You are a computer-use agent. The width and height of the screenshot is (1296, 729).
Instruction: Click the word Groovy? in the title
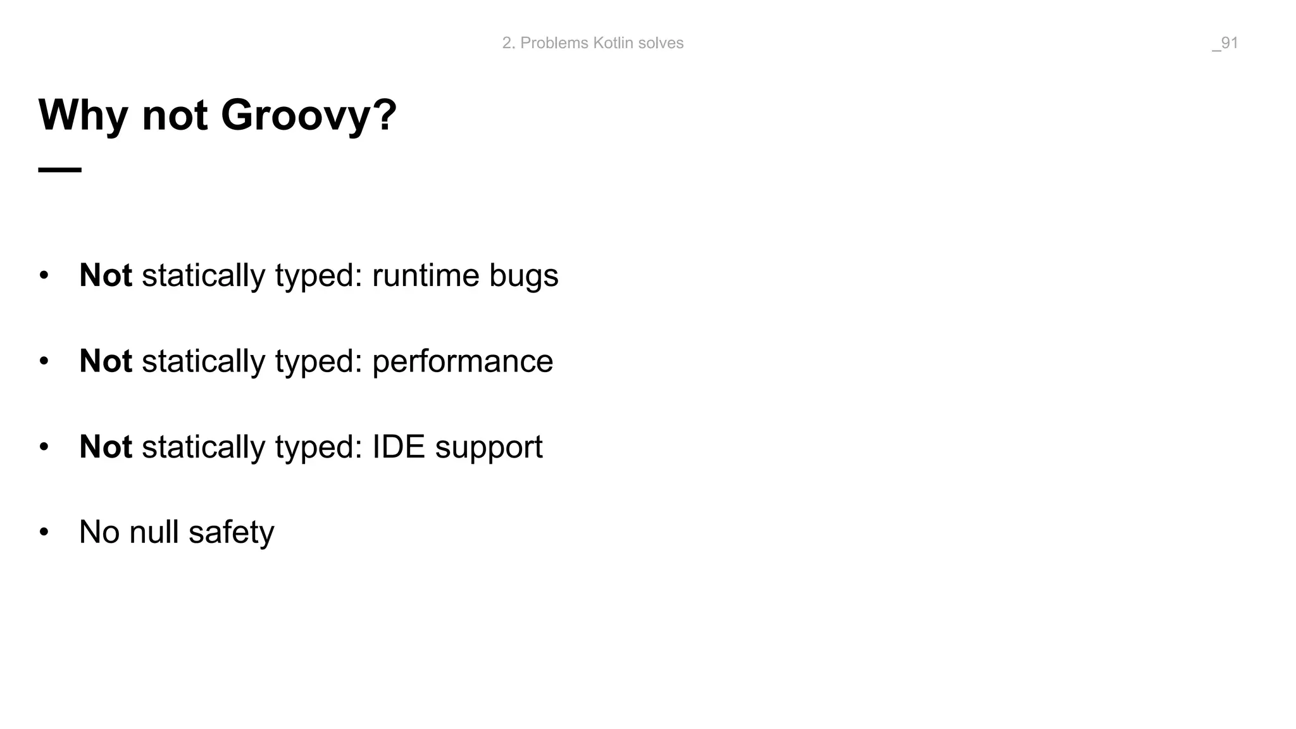tap(308, 116)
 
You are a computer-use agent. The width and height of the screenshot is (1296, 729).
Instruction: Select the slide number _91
tap(1224, 43)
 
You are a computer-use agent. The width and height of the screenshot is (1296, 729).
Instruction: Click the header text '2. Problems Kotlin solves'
tap(592, 43)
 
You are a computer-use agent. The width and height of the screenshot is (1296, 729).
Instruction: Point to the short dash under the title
tap(60, 170)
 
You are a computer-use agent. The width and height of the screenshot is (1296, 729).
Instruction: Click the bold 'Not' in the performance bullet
tap(106, 361)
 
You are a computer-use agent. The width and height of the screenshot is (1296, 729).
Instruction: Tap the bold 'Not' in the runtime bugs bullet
tap(106, 275)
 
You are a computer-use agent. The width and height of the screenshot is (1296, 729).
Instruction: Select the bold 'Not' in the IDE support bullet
tap(106, 447)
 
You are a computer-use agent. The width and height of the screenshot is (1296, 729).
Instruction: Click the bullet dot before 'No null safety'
tap(44, 532)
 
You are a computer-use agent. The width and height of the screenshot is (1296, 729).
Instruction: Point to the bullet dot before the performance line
tap(44, 361)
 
